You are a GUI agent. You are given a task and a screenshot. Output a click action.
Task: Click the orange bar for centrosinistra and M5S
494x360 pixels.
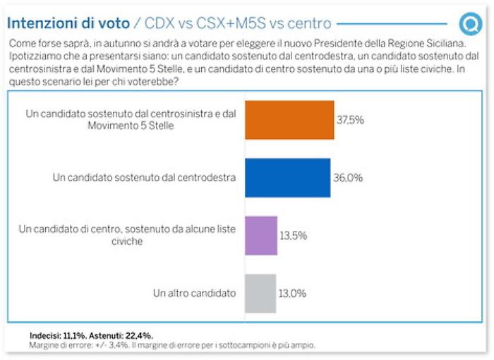(289, 120)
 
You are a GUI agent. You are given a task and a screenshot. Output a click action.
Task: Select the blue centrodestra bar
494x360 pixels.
(287, 178)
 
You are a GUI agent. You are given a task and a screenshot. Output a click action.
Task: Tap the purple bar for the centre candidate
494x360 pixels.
(261, 235)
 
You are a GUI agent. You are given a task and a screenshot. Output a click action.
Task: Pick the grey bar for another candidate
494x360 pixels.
(260, 292)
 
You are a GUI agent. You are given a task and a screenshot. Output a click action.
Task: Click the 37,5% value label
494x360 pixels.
(350, 120)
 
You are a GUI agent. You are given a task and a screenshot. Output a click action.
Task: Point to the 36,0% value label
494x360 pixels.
(349, 178)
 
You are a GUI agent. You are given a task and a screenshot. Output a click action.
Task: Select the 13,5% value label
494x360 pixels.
(294, 236)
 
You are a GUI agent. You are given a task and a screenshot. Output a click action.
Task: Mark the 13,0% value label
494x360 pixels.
(292, 293)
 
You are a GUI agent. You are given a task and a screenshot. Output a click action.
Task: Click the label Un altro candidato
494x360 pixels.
(194, 293)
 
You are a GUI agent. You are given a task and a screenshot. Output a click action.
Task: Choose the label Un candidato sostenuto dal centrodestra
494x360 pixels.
(145, 178)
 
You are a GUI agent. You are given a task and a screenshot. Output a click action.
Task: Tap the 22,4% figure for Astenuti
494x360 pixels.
(138, 335)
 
